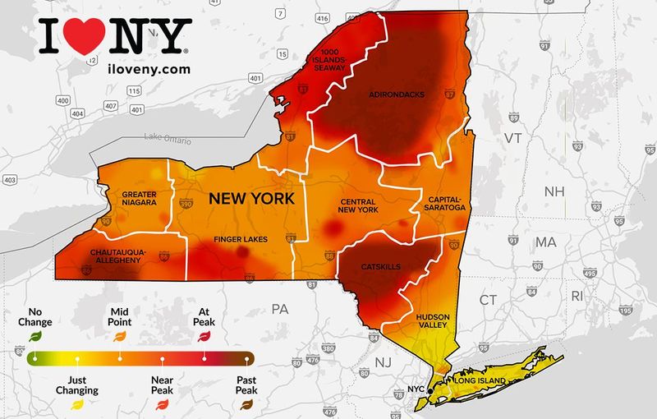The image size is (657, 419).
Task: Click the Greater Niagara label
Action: pos(140,198)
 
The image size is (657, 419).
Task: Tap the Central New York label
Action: pos(357,206)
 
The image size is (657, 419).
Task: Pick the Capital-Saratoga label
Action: pos(446,204)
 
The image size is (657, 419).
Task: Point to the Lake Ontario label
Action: pos(165,136)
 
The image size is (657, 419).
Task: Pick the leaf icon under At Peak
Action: pos(205,335)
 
